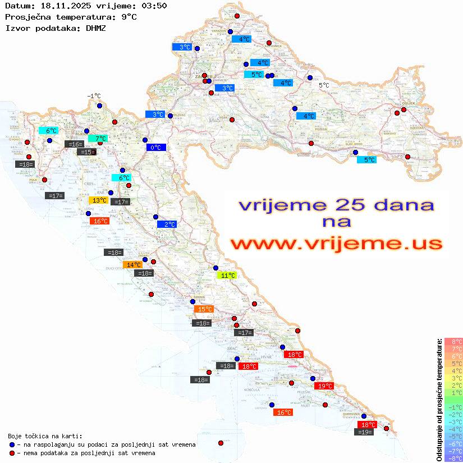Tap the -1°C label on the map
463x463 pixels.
coord(94,96)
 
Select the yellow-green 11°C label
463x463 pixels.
coord(227,276)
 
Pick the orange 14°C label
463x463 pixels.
coord(133,265)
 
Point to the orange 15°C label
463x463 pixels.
coord(204,309)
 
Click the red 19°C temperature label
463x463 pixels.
coord(324,386)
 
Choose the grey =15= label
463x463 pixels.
coord(86,152)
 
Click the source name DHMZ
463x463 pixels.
coord(95,27)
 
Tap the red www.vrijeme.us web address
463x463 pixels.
coord(336,244)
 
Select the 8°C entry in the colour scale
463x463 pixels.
coord(453,341)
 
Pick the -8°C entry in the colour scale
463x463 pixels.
coord(453,458)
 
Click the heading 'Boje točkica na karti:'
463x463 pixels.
coord(45,436)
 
